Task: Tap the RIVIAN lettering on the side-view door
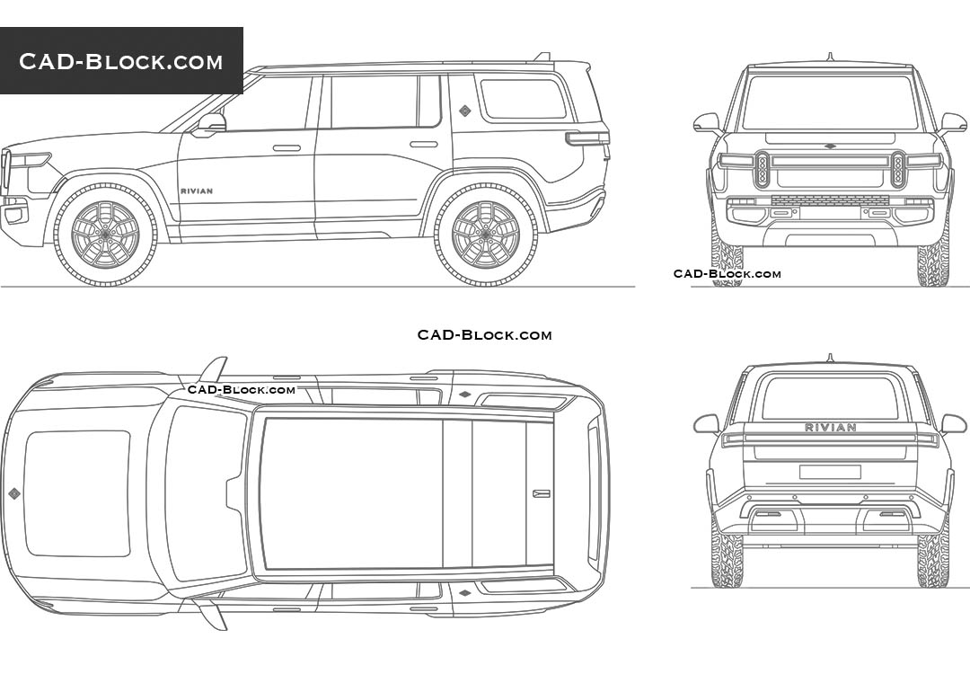click(197, 191)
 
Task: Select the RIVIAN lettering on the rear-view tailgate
click(830, 427)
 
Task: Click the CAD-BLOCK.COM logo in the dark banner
click(120, 61)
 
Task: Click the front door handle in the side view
click(287, 148)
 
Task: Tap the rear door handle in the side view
click(423, 145)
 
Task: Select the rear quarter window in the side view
click(524, 99)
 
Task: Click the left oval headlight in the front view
click(763, 169)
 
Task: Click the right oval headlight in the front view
click(898, 169)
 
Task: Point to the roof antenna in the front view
click(830, 58)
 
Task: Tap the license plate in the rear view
click(830, 472)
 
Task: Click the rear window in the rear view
click(830, 397)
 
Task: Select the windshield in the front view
click(829, 102)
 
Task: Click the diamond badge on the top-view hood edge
click(13, 492)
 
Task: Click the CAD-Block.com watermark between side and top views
click(484, 335)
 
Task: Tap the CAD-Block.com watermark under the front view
click(727, 274)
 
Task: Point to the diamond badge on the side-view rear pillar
click(464, 111)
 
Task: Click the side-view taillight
click(587, 138)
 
